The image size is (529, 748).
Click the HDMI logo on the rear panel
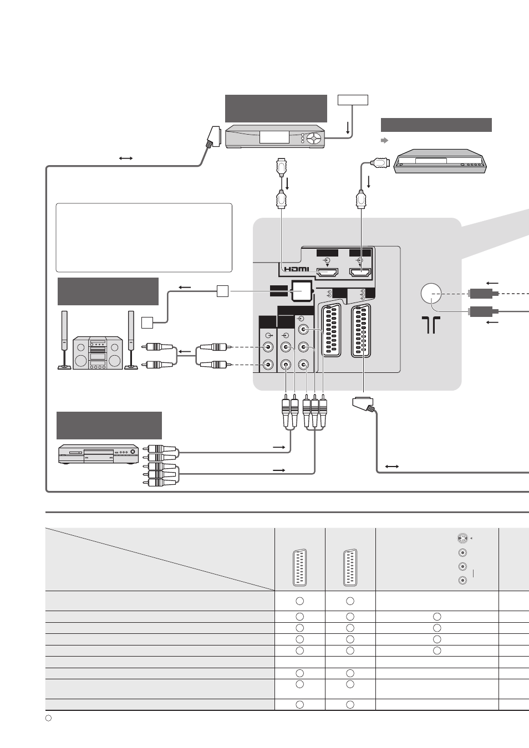(297, 269)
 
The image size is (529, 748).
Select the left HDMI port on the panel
(328, 273)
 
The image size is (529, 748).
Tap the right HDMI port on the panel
(360, 273)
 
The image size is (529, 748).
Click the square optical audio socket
(302, 291)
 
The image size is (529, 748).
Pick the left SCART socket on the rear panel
(331, 330)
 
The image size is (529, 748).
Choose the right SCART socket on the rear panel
(361, 331)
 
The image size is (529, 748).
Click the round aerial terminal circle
(431, 294)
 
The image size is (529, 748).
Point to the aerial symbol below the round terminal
(431, 325)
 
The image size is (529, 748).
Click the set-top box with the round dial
(275, 136)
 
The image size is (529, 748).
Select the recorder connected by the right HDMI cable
(440, 161)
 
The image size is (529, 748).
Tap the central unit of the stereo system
(98, 352)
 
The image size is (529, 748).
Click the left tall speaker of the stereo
(64, 340)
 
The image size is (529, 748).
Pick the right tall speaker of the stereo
(131, 340)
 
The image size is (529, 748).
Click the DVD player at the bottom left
(99, 454)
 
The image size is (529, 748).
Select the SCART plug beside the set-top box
(213, 137)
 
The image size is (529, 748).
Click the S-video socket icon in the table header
(462, 539)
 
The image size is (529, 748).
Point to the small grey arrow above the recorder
(385, 140)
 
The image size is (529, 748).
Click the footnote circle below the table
(48, 718)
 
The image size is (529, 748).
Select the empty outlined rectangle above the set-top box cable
(353, 100)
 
